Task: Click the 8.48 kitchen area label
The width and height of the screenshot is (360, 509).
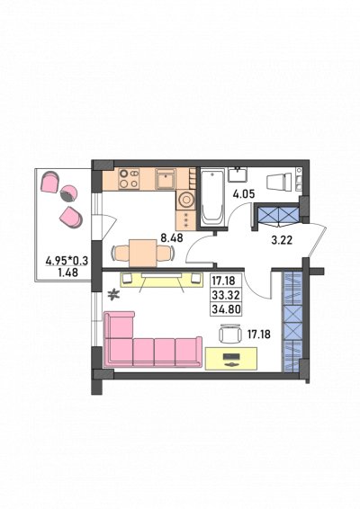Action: click(172, 238)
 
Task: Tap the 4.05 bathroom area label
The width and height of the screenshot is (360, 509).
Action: click(244, 194)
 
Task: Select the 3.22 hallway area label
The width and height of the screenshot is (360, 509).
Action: click(282, 240)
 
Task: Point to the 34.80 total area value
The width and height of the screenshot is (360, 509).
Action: click(226, 308)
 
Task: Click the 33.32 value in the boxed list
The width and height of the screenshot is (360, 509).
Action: click(226, 295)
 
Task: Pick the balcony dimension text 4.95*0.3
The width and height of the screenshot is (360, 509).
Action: click(67, 261)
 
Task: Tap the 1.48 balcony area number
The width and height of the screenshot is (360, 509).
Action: click(67, 272)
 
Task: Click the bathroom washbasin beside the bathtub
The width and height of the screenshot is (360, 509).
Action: click(238, 174)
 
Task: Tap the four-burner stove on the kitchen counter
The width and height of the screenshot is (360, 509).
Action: click(129, 179)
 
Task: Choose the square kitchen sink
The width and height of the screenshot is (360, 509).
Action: click(166, 179)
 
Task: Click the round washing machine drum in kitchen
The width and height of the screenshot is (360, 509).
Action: click(186, 200)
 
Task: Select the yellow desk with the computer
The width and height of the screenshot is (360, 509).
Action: click(231, 359)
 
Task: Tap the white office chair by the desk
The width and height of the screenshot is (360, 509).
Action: click(229, 334)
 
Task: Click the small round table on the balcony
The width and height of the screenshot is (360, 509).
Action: click(69, 193)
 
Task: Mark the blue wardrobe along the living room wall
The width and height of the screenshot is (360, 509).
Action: click(292, 321)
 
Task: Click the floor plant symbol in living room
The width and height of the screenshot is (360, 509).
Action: click(113, 294)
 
